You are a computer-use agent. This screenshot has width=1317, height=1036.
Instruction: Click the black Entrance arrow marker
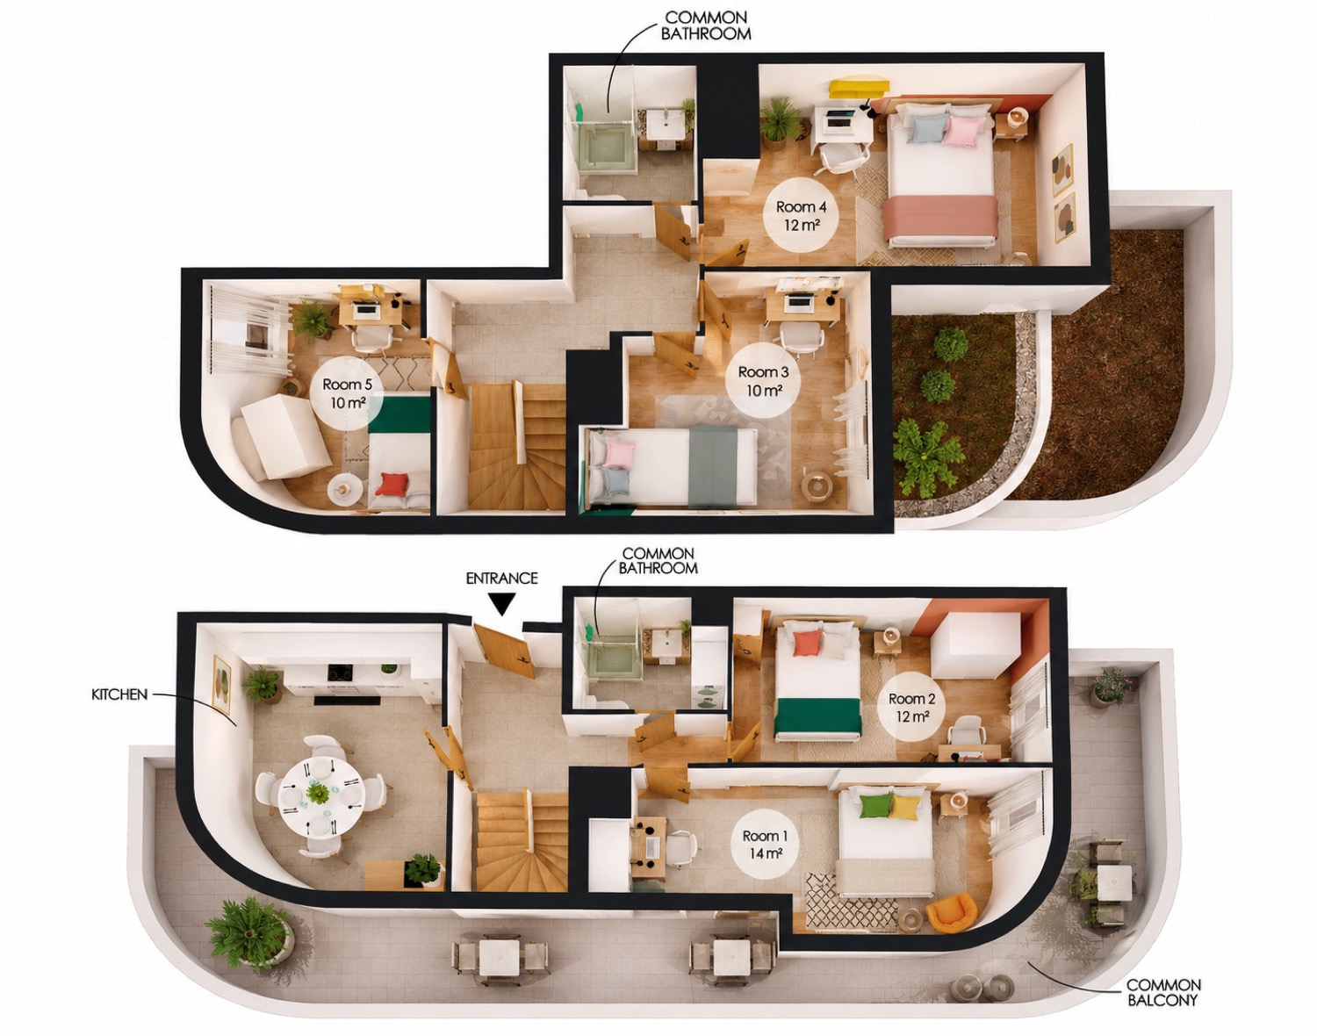(501, 605)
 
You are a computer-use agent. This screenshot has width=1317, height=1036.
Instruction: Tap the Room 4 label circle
(801, 215)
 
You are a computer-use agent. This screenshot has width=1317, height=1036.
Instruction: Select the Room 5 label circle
(347, 392)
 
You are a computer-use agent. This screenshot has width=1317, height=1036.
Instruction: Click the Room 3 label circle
(762, 380)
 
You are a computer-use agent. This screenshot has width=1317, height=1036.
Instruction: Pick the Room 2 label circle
(912, 707)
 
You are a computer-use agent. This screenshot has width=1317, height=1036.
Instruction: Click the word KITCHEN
(119, 694)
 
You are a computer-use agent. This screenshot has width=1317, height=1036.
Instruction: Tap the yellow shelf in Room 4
(859, 86)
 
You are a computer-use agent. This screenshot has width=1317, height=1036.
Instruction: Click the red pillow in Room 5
(392, 484)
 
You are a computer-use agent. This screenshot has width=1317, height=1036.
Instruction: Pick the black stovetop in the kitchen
(341, 672)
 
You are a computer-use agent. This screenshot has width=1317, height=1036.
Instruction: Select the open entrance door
(507, 650)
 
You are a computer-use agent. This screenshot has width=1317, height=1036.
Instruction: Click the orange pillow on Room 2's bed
(807, 644)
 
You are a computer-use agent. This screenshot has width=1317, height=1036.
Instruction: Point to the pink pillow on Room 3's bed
(619, 453)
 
